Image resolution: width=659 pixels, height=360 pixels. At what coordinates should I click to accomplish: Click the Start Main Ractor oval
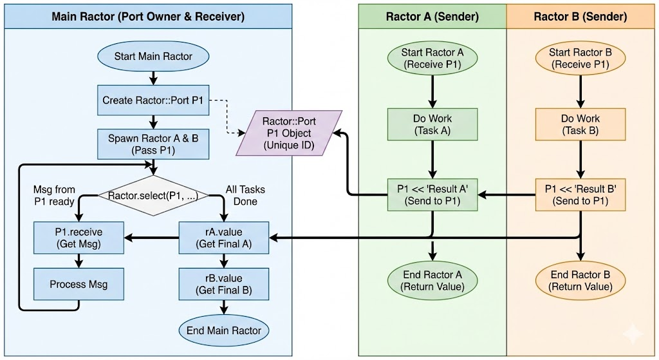153,57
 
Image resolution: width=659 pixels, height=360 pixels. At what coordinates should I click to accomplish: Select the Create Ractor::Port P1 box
153,100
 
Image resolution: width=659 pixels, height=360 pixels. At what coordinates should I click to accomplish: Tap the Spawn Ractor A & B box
153,145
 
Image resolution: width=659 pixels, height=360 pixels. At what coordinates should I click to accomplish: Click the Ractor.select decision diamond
153,194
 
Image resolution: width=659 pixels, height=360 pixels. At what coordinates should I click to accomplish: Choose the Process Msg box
79,284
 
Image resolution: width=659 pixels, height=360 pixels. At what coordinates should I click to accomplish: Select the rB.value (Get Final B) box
224,284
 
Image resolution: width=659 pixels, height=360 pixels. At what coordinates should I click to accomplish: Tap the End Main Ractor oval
224,330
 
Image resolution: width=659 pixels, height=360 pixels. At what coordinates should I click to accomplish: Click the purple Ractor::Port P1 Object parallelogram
287,133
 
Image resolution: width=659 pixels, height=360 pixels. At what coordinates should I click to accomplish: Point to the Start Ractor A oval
432,58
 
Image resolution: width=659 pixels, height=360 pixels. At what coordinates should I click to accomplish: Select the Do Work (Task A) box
432,124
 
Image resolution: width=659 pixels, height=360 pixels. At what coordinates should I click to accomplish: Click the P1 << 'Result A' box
432,194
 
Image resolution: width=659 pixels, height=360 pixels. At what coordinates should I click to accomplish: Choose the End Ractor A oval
432,281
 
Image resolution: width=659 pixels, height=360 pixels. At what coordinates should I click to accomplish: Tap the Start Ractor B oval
580,58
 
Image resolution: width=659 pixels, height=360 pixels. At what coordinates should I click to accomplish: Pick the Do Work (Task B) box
580,124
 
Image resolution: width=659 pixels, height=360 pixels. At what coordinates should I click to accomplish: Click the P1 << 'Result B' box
580,194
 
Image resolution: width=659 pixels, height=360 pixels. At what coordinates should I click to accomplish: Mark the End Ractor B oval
580,281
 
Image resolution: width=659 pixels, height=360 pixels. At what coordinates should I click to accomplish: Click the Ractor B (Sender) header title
580,17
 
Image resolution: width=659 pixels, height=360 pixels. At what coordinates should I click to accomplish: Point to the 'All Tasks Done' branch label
245,196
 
